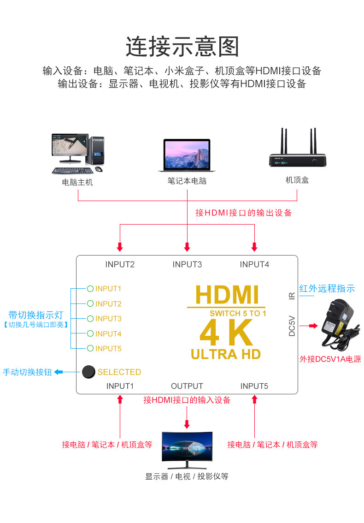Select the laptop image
pos(187,156)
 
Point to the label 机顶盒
pos(297,180)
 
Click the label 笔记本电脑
pos(187,181)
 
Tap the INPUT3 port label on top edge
pos(187,264)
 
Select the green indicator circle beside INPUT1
pos(90,289)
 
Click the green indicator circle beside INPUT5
pos(90,349)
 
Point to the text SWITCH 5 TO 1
pos(238,314)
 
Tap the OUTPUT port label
pos(187,386)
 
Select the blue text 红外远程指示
pos(327,289)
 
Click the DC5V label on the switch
pos(292,326)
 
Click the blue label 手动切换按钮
pos(27,372)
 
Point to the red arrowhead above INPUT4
pos(254,247)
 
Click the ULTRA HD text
pos(226,354)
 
